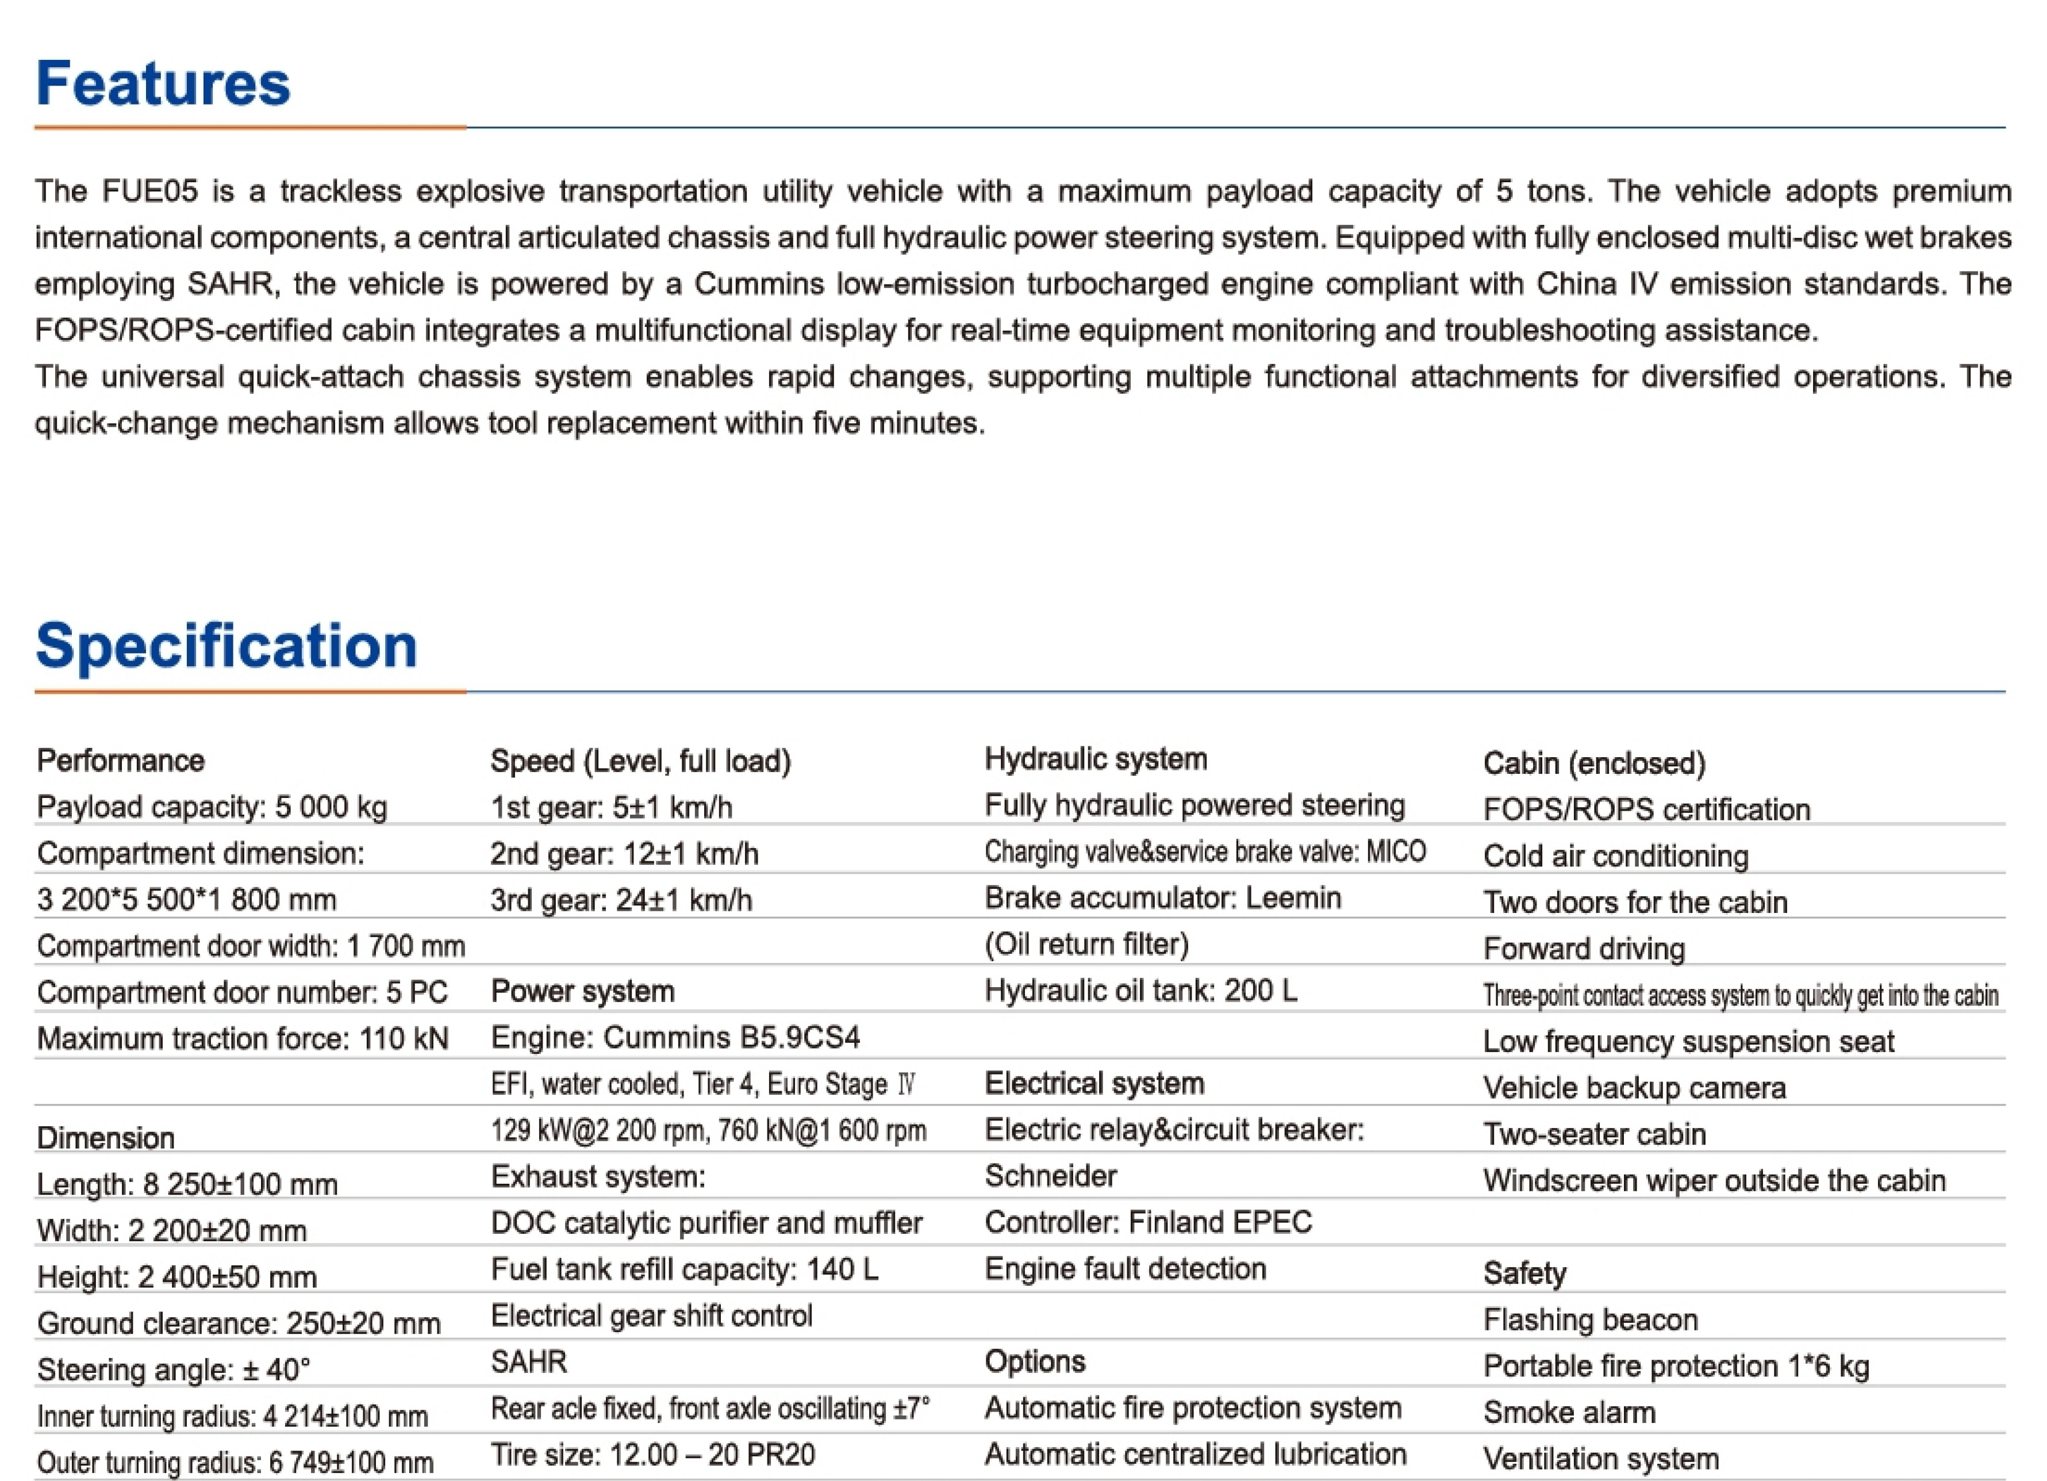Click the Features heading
tap(163, 83)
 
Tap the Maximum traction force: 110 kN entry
tap(242, 1039)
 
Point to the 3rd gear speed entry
tap(621, 900)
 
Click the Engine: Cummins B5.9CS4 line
tap(675, 1038)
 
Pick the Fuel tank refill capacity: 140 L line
tap(684, 1270)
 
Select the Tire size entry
tap(652, 1455)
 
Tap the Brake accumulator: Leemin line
tap(1162, 898)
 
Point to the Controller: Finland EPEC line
tap(1148, 1222)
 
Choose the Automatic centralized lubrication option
tap(1195, 1454)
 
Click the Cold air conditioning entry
tap(1615, 855)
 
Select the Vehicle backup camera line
tap(1634, 1088)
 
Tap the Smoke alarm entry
tap(1569, 1413)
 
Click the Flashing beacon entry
tap(1591, 1319)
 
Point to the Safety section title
tap(1524, 1273)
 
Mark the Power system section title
tap(582, 991)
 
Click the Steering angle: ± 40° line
tap(173, 1369)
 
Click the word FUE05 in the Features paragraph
tap(149, 191)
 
